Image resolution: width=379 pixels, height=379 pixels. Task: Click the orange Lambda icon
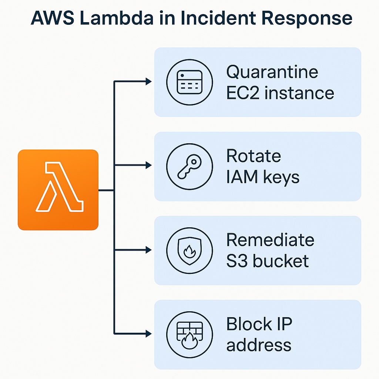pos(58,189)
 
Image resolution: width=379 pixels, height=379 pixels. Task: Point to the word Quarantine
pos(272,71)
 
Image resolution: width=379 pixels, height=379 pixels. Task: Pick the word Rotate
pos(254,156)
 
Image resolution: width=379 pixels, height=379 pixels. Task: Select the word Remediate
pos(270,240)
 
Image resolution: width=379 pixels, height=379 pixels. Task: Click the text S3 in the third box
pos(237,261)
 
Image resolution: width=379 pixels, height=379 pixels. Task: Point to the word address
pos(259,345)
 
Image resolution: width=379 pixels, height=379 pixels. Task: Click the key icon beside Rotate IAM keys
pos(189,166)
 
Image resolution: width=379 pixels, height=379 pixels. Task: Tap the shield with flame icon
pos(189,251)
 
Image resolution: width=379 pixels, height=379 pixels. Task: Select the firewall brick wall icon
pos(189,335)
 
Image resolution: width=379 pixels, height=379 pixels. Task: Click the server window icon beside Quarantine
pos(189,82)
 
